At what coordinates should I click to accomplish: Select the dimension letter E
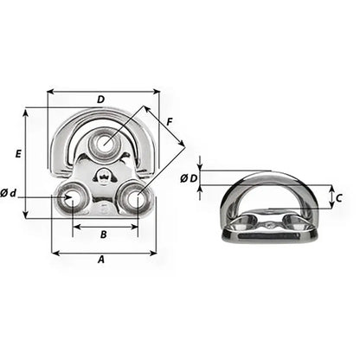click(17, 153)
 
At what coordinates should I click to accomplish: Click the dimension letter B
click(103, 234)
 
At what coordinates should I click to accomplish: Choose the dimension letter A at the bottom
click(101, 260)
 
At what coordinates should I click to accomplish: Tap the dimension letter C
click(339, 198)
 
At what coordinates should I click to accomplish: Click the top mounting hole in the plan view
click(106, 142)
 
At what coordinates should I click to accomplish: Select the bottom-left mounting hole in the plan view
click(69, 200)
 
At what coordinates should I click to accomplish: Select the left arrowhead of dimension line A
click(55, 253)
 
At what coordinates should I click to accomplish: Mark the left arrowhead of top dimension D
click(50, 90)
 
